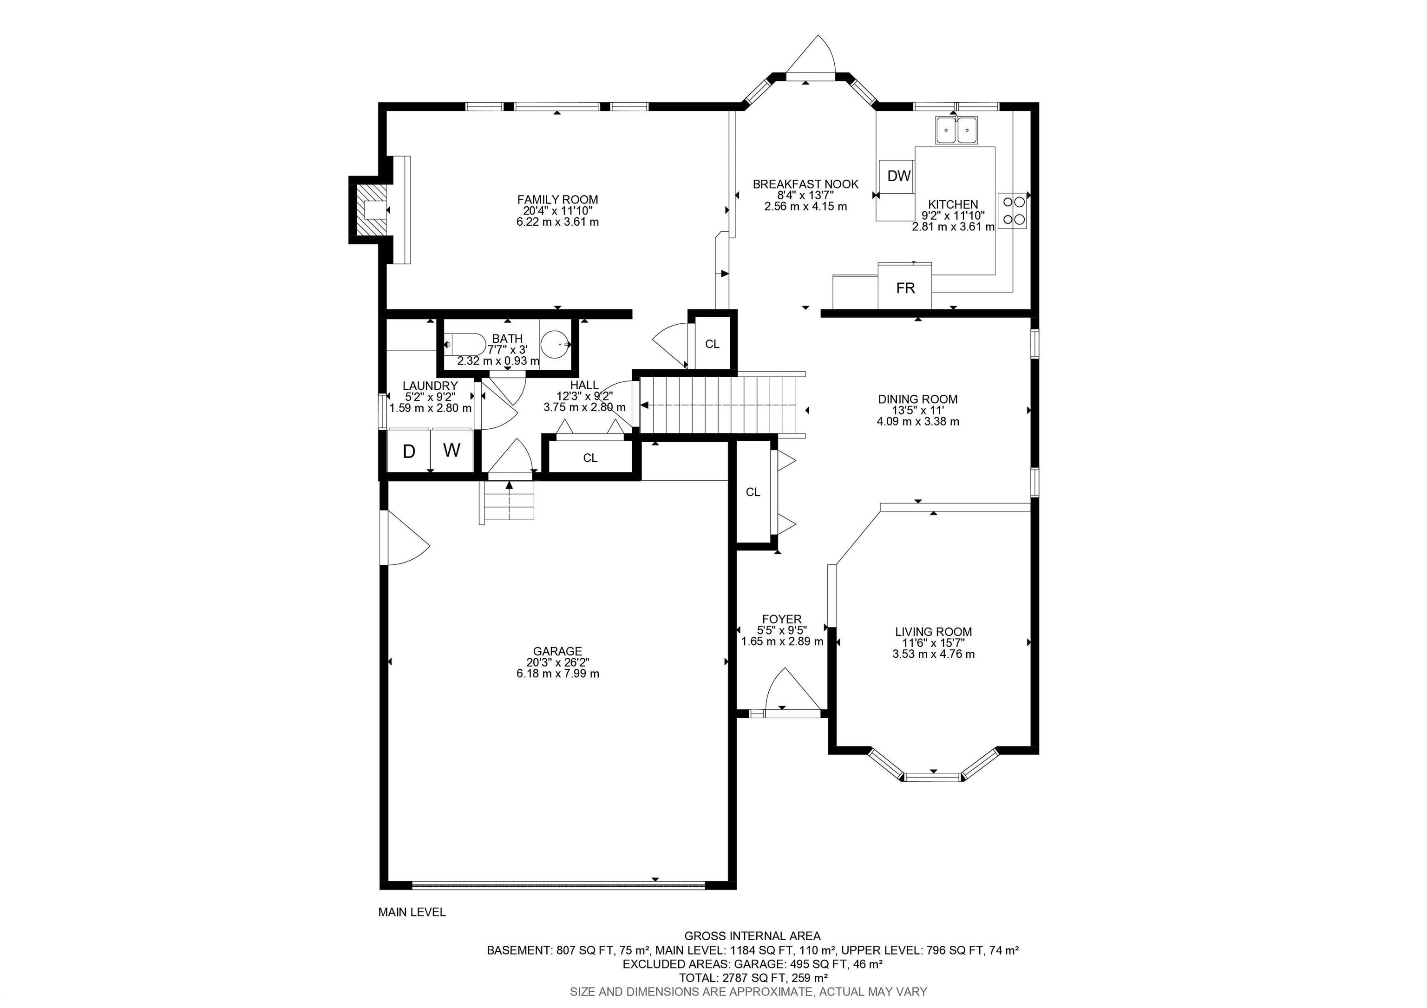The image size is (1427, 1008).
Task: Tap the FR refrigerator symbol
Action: pyautogui.click(x=905, y=286)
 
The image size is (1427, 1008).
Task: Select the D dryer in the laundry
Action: pyautogui.click(x=409, y=451)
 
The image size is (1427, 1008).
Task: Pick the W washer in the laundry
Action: pyautogui.click(x=452, y=451)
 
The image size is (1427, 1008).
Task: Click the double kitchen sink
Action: pyautogui.click(x=956, y=131)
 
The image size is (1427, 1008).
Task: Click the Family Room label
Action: pyautogui.click(x=557, y=199)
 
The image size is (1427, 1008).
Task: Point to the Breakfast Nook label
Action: pyautogui.click(x=805, y=184)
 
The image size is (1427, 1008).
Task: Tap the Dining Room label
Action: pyautogui.click(x=917, y=399)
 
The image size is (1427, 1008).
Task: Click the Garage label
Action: pyautogui.click(x=557, y=651)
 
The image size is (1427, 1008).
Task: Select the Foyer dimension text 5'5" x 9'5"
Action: pyautogui.click(x=782, y=630)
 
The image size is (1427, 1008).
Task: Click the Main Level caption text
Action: pyautogui.click(x=412, y=912)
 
